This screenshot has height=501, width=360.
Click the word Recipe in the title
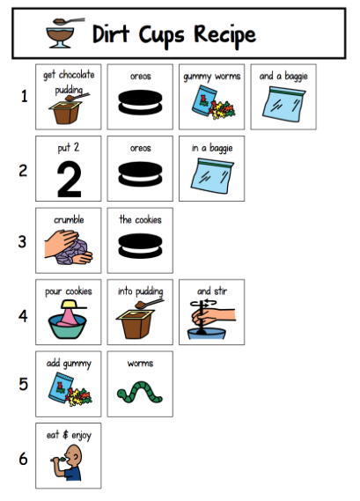pyautogui.click(x=224, y=35)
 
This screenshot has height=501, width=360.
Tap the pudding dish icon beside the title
pyautogui.click(x=64, y=33)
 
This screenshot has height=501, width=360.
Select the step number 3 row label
pyautogui.click(x=22, y=241)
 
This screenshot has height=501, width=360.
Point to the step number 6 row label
pyautogui.click(x=23, y=459)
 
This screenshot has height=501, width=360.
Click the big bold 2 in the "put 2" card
pyautogui.click(x=69, y=180)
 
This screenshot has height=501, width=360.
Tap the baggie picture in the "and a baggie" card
pyautogui.click(x=283, y=104)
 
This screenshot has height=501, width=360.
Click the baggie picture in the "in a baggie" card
pyautogui.click(x=212, y=176)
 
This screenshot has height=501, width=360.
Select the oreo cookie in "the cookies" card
pyautogui.click(x=140, y=246)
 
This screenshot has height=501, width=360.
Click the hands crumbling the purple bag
pyautogui.click(x=69, y=247)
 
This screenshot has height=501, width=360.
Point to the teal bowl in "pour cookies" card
pyautogui.click(x=68, y=326)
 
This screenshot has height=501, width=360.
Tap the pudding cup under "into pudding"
pyautogui.click(x=134, y=324)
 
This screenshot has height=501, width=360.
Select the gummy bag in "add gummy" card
pyautogui.click(x=61, y=387)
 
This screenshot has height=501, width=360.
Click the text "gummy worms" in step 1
pyautogui.click(x=212, y=77)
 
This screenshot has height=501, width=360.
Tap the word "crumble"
pyautogui.click(x=69, y=220)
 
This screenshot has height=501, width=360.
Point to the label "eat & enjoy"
pyautogui.click(x=69, y=435)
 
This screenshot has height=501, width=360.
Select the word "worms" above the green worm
pyautogui.click(x=140, y=364)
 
